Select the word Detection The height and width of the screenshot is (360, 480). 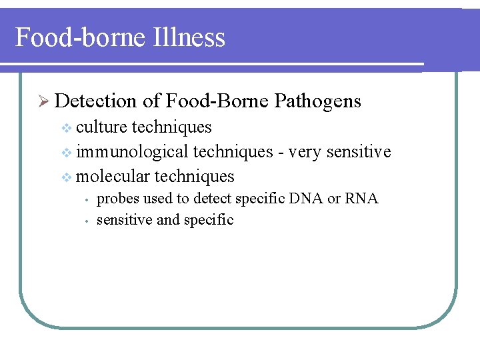[96, 101]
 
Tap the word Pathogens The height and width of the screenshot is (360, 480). [317, 101]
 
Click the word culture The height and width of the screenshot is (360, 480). [102, 127]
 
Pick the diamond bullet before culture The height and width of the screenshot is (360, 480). [66, 127]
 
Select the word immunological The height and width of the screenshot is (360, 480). [132, 152]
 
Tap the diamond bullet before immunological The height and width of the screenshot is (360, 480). [66, 153]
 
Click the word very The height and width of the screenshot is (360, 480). [304, 152]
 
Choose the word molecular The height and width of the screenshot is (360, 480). [113, 177]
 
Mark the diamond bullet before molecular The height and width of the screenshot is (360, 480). [66, 177]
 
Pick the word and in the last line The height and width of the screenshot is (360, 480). [168, 220]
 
